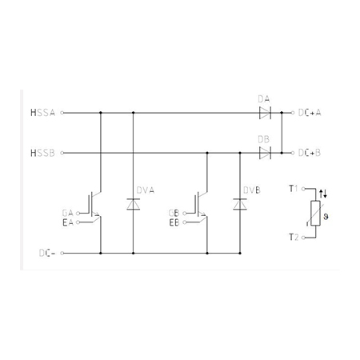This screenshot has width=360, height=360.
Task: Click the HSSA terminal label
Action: [x=42, y=113]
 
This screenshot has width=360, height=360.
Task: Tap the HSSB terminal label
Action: [x=42, y=153]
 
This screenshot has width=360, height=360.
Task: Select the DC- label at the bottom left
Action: [x=47, y=253]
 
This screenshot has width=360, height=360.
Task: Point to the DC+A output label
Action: [x=310, y=113]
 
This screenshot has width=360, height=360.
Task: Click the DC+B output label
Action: [x=310, y=153]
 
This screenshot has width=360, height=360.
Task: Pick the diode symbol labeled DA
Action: [x=265, y=113]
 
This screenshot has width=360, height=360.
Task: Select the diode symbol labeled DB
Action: [x=265, y=153]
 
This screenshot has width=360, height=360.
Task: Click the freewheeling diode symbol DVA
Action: [x=134, y=204]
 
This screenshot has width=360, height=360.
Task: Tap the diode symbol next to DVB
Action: [x=240, y=204]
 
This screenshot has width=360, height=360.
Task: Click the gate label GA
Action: [x=67, y=213]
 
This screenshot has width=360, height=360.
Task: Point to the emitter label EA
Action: [x=68, y=222]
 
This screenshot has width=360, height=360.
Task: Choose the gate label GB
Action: [x=174, y=213]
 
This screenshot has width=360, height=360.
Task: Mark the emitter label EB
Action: [x=174, y=222]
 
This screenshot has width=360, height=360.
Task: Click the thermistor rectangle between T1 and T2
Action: [x=315, y=214]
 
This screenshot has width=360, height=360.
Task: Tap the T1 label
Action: [x=294, y=189]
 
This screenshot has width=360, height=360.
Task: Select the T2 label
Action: [x=294, y=237]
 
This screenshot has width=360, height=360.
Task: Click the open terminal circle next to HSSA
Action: [x=62, y=113]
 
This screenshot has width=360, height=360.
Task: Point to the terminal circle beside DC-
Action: [x=62, y=253]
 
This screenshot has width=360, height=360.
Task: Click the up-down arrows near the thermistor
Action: [x=323, y=194]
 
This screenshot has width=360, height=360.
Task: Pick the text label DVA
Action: [x=146, y=190]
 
